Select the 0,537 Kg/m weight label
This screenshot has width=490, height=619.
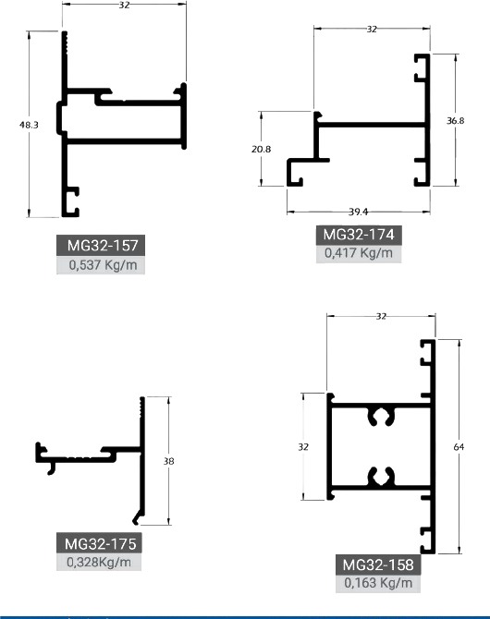tap(103, 265)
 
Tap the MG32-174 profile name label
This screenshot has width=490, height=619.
tap(359, 235)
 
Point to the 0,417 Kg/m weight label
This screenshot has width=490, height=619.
tap(359, 253)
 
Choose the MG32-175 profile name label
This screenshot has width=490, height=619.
tap(100, 543)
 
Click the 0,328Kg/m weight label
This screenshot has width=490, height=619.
tap(99, 562)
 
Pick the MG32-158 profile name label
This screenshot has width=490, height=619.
tap(378, 564)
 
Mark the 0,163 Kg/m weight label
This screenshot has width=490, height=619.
tap(378, 583)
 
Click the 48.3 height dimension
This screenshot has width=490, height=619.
tap(29, 125)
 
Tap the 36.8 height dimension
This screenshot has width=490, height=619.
tap(455, 121)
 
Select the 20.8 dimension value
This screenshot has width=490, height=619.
tap(262, 149)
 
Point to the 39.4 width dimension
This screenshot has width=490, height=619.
tap(358, 212)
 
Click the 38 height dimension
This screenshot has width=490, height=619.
tap(169, 461)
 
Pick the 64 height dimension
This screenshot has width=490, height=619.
tap(459, 447)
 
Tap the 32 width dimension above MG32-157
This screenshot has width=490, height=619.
tap(124, 6)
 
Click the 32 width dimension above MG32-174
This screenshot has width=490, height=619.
tap(372, 30)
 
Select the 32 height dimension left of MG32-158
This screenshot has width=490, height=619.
tap(303, 447)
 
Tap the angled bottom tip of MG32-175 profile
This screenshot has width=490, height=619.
tap(136, 522)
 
